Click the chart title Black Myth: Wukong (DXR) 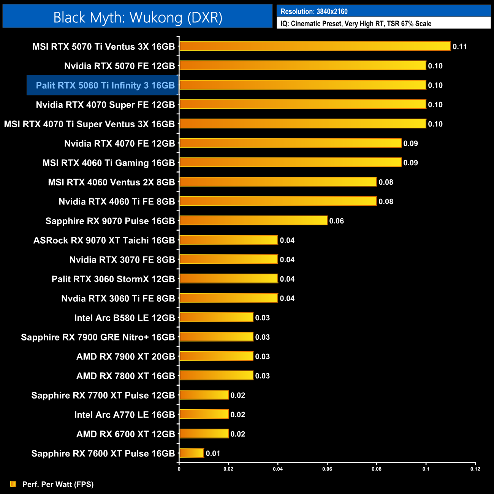[x=138, y=17]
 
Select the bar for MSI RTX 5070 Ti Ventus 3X [x=315, y=46]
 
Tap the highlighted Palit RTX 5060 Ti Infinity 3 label [x=105, y=85]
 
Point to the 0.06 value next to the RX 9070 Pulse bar [x=336, y=221]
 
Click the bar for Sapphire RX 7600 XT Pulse [x=192, y=453]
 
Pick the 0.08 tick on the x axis [x=376, y=469]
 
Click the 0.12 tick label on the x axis [x=475, y=469]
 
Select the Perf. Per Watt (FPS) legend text [x=58, y=484]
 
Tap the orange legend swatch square [x=13, y=484]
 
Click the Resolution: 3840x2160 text [x=314, y=11]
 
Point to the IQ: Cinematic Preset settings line [x=356, y=24]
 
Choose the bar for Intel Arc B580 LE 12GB [x=216, y=317]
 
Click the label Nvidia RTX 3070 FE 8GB [x=122, y=260]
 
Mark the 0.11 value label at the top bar [x=459, y=47]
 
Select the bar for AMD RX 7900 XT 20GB [x=216, y=356]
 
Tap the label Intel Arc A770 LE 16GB [x=124, y=415]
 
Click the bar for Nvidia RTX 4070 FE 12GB [x=290, y=143]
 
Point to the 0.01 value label [x=213, y=453]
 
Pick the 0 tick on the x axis [x=179, y=469]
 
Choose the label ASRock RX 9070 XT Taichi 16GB [x=104, y=241]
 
